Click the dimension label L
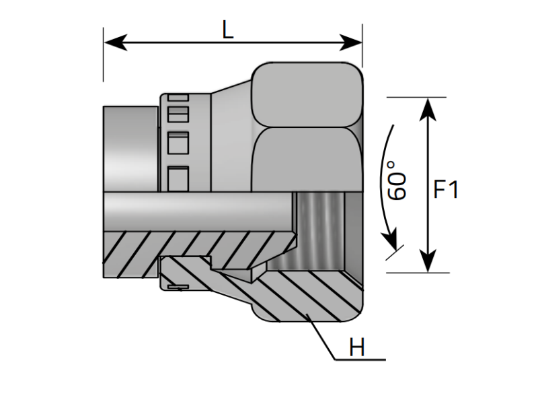tap(228, 30)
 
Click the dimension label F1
tap(446, 190)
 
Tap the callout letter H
tap(356, 348)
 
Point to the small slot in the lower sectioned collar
tap(178, 288)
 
